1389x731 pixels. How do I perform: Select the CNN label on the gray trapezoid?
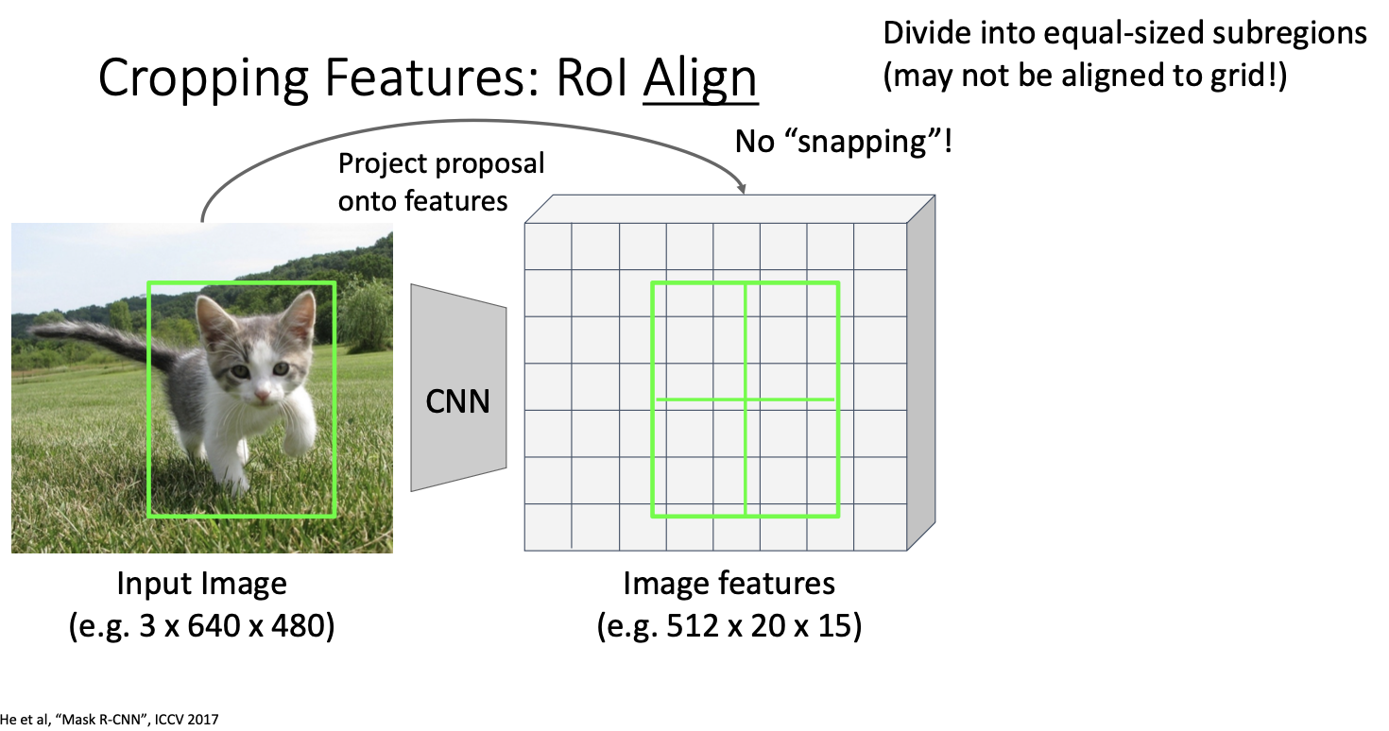click(x=458, y=401)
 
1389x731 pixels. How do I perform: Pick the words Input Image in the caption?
click(x=201, y=584)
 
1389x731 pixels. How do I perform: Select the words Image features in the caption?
click(x=729, y=584)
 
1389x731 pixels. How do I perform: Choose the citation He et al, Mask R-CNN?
click(x=110, y=720)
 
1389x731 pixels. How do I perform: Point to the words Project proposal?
click(x=441, y=163)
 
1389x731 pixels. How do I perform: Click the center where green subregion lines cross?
click(x=746, y=399)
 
